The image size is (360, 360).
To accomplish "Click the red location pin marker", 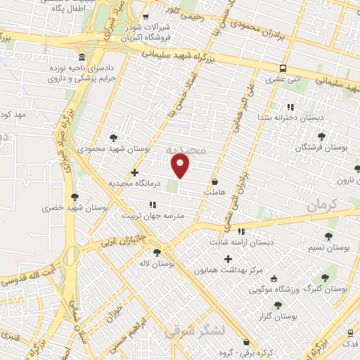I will tap(181, 166).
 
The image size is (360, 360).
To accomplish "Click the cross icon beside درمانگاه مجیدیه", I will tap(134, 172).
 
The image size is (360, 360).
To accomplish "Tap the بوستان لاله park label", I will tap(156, 263).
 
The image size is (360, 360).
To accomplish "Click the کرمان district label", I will tap(323, 205).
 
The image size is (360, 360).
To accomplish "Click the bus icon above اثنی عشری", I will tap(283, 68).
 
